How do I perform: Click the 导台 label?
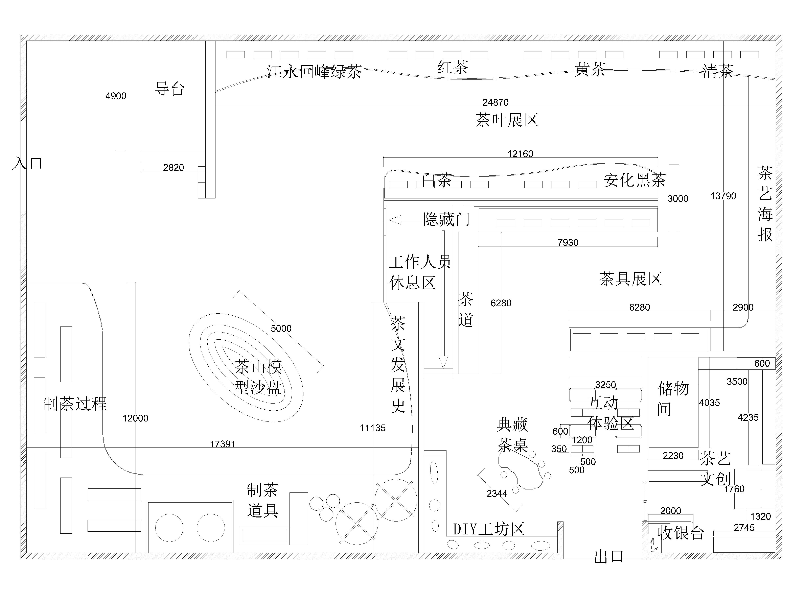pyautogui.click(x=170, y=89)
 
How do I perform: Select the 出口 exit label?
pyautogui.click(x=608, y=557)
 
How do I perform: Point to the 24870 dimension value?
pyautogui.click(x=495, y=102)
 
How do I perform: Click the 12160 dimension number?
pyautogui.click(x=520, y=154)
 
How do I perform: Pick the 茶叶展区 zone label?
pyautogui.click(x=507, y=120)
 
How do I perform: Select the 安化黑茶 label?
pyautogui.click(x=635, y=180)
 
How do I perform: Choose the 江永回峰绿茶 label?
pyautogui.click(x=314, y=71)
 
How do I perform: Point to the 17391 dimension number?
pyautogui.click(x=223, y=444)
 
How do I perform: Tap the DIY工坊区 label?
pyautogui.click(x=488, y=529)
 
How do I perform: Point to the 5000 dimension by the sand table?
pyautogui.click(x=281, y=329)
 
